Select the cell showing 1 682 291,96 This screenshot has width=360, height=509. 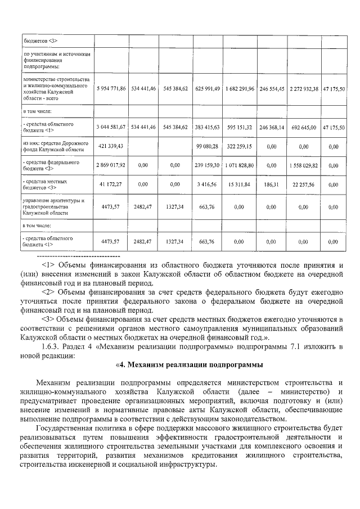(239, 89)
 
